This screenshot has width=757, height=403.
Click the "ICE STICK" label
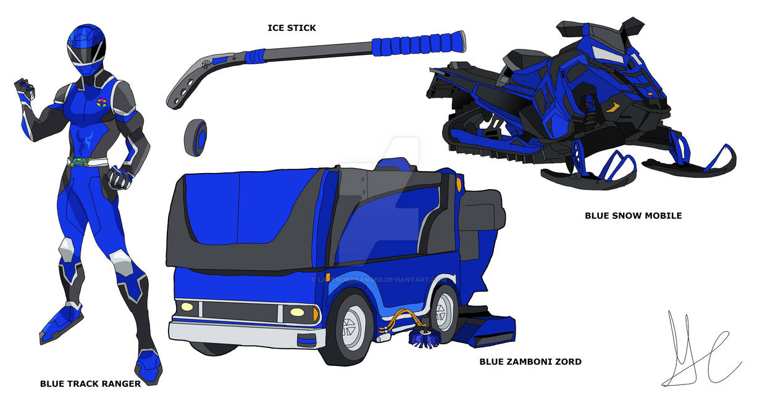291,28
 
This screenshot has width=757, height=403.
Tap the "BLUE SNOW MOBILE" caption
633,216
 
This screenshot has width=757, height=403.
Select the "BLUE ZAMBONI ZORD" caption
530,362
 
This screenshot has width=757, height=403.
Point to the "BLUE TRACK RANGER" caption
90,383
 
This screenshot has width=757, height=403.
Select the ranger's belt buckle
86,163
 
